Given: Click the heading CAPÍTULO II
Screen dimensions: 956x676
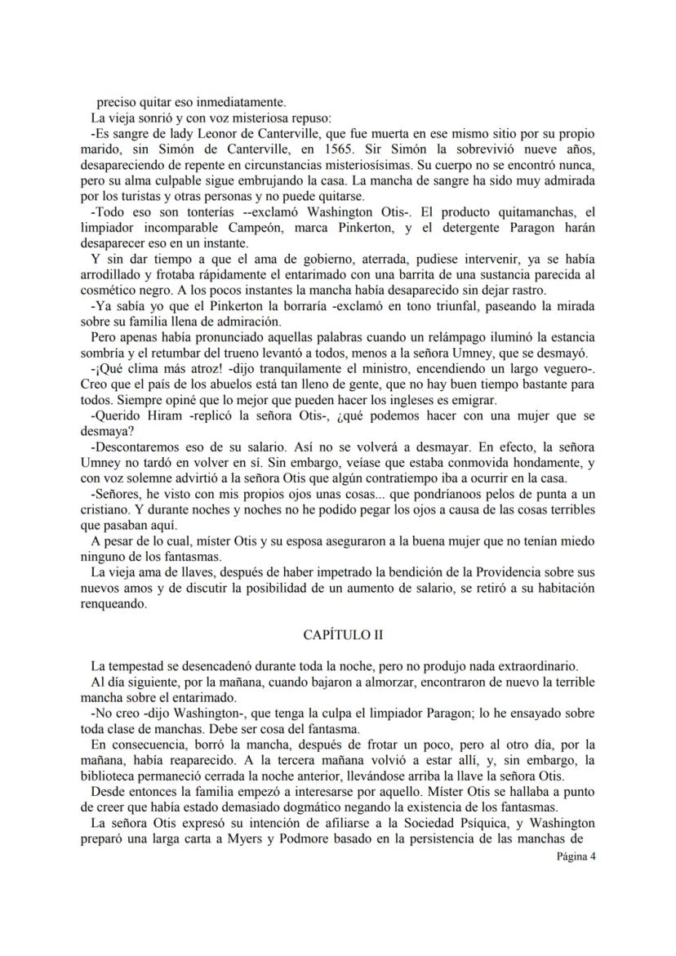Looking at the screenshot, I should (x=337, y=634).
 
